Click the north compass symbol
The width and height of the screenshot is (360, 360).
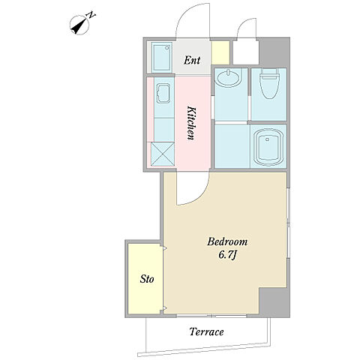[79, 25]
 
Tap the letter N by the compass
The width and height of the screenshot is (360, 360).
[91, 15]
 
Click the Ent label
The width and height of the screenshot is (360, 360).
[192, 60]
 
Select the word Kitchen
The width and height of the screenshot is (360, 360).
[191, 123]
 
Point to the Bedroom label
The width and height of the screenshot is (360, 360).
[227, 241]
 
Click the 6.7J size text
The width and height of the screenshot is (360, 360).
[227, 255]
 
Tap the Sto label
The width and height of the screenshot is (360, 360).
[147, 279]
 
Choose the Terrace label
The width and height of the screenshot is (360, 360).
[206, 332]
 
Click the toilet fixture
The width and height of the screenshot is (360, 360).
[269, 84]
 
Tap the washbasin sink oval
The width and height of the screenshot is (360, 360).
[229, 78]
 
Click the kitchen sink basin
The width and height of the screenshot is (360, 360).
[163, 94]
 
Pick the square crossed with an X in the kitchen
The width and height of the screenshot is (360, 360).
[163, 154]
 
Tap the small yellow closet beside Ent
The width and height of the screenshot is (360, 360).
[220, 52]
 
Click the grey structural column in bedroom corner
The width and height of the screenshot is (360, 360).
[274, 301]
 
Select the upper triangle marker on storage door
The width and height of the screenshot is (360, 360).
[165, 248]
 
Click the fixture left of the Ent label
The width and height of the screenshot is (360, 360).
[163, 58]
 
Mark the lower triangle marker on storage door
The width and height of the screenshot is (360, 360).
[165, 307]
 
